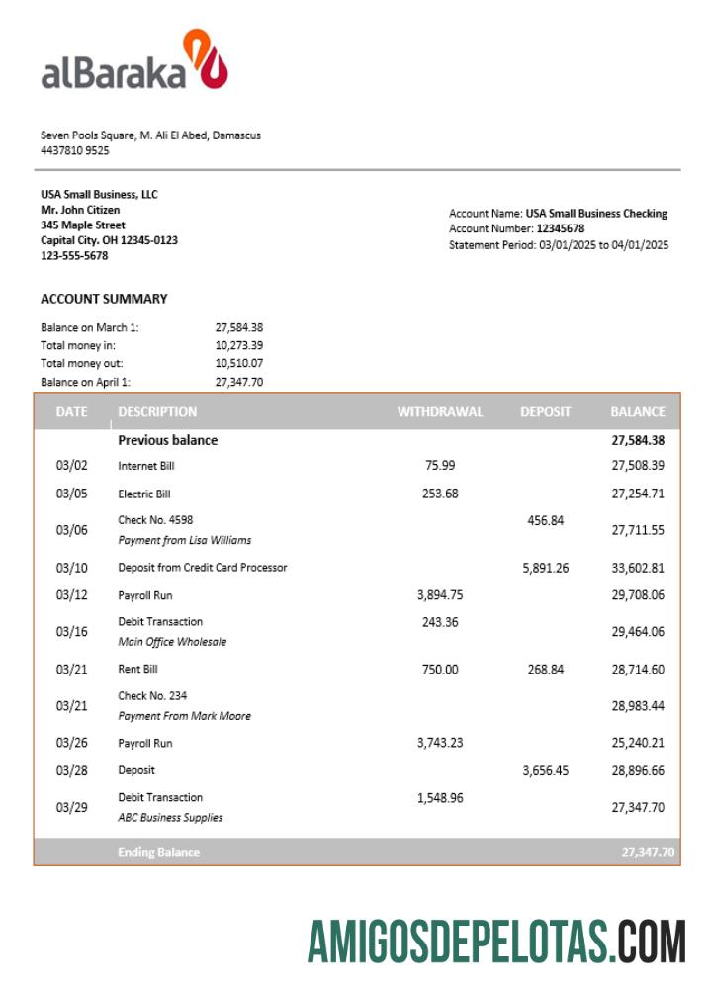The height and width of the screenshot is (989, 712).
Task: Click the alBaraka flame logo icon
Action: pos(206,61)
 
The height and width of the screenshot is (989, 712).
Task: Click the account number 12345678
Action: pos(560,228)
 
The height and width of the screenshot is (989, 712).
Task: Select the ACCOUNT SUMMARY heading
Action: pos(104,299)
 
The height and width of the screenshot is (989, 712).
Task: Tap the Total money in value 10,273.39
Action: pos(238,345)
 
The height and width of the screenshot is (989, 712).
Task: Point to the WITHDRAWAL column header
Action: pos(440,412)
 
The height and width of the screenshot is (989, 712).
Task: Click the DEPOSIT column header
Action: pos(546,412)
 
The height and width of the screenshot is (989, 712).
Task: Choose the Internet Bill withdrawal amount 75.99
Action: pos(440,465)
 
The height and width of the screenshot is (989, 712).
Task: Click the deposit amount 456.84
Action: pos(545,520)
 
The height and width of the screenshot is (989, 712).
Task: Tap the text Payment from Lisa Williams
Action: pos(184,540)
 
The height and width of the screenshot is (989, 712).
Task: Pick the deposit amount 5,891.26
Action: pos(545,568)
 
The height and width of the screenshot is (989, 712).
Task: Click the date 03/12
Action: pos(71,595)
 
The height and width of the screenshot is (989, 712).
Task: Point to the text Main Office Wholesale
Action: pos(172,642)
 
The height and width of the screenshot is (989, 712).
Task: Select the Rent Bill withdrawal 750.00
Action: pos(440,670)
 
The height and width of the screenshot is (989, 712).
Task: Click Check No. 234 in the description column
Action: pos(152,696)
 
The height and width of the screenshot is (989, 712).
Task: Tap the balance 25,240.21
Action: pos(637,743)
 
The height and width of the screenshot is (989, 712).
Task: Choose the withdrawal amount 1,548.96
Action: pos(440,797)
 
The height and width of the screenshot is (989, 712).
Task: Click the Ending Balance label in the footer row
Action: pos(158,852)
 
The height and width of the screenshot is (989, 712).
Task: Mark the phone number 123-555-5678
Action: pos(74,256)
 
